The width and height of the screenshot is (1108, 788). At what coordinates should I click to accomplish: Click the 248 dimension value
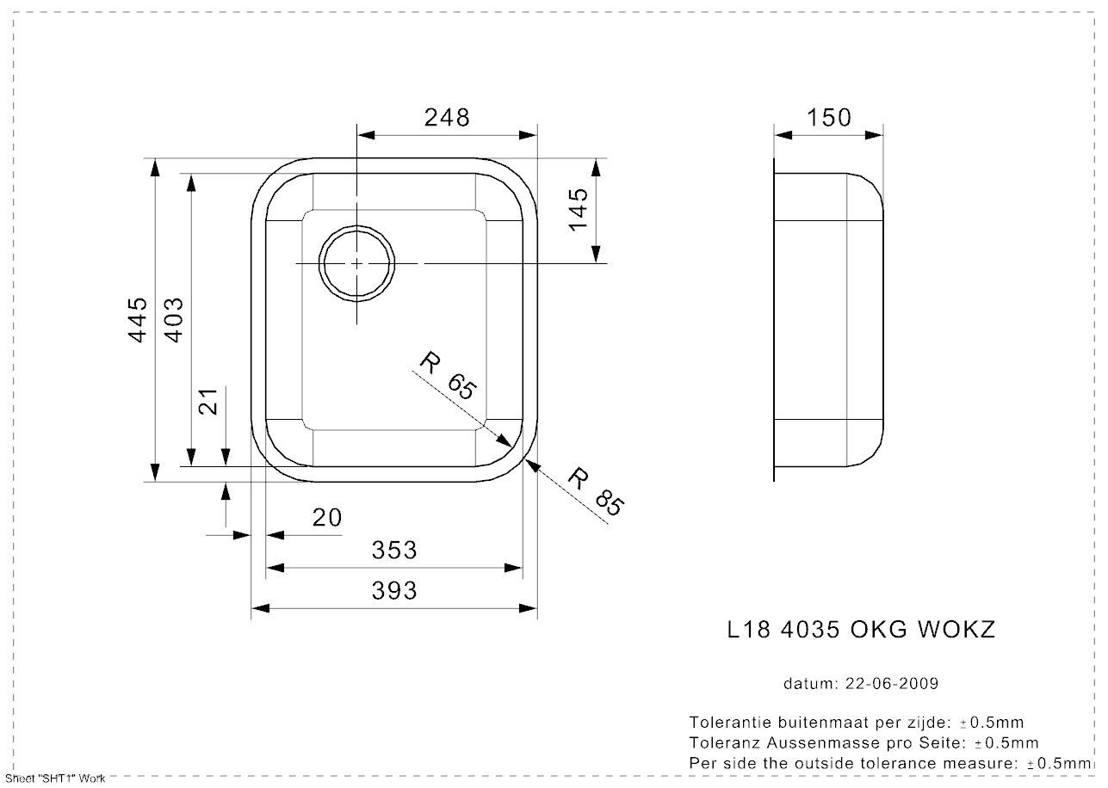[447, 118]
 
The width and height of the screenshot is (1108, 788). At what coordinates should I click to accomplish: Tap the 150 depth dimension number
[829, 118]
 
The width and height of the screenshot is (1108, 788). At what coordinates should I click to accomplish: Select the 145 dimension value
[579, 210]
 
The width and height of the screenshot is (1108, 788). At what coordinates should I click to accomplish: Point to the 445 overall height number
[138, 320]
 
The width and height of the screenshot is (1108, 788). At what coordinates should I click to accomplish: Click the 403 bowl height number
[174, 320]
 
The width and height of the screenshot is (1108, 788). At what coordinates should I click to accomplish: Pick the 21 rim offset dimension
[208, 402]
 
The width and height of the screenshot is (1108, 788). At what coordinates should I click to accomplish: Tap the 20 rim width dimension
[327, 518]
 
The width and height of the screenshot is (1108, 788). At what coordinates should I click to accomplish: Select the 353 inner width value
[394, 550]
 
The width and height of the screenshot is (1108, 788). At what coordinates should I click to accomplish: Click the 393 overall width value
[394, 590]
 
